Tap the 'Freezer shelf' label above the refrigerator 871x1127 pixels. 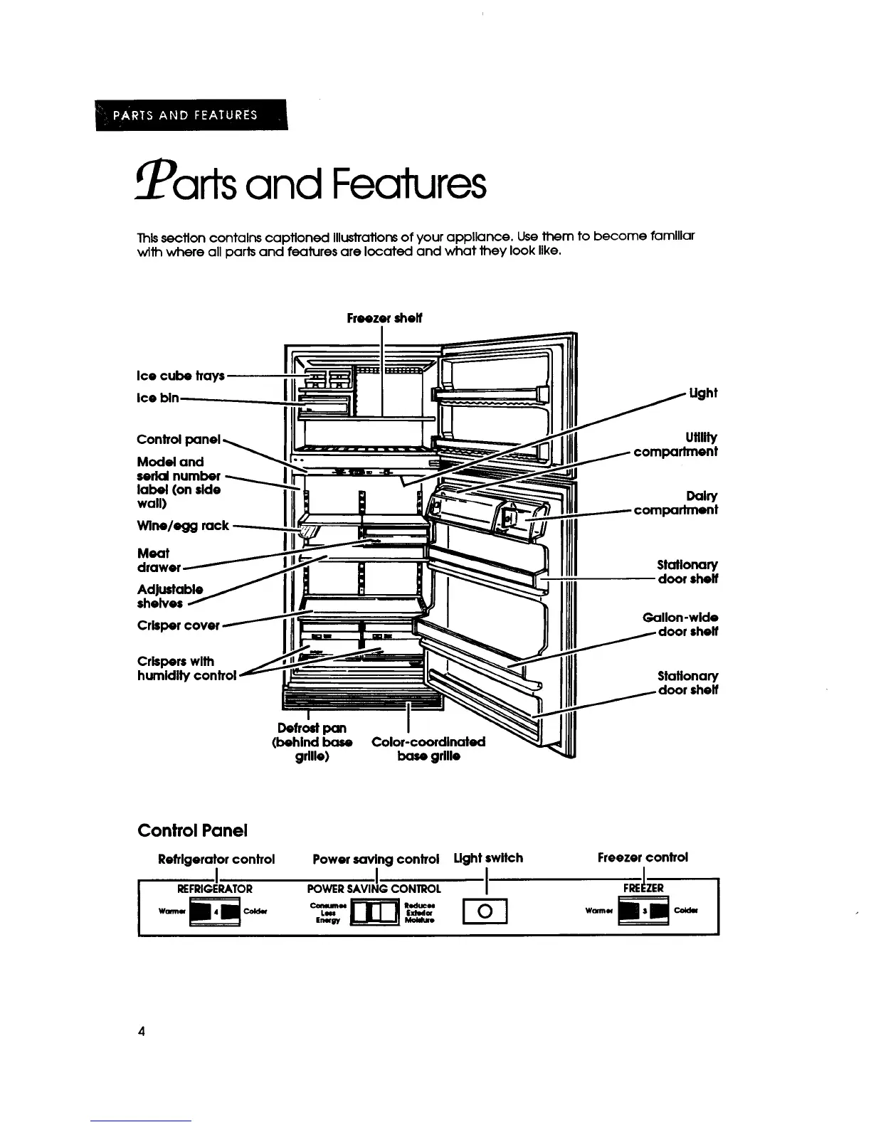(x=384, y=319)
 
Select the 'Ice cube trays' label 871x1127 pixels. (x=181, y=375)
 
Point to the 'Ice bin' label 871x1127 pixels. (x=158, y=398)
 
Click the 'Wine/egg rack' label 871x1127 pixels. (x=183, y=526)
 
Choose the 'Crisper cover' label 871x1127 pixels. (x=178, y=625)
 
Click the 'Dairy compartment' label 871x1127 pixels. (x=675, y=502)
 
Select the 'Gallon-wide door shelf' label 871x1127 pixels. (x=680, y=624)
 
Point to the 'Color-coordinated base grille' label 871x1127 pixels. (x=428, y=748)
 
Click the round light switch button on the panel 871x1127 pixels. (x=485, y=911)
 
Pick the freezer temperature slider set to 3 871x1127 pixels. (x=643, y=911)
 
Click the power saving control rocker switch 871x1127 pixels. (x=374, y=911)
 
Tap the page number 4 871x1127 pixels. (x=142, y=1032)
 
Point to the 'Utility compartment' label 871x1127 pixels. (x=676, y=444)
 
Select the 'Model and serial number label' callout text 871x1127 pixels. (x=179, y=482)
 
